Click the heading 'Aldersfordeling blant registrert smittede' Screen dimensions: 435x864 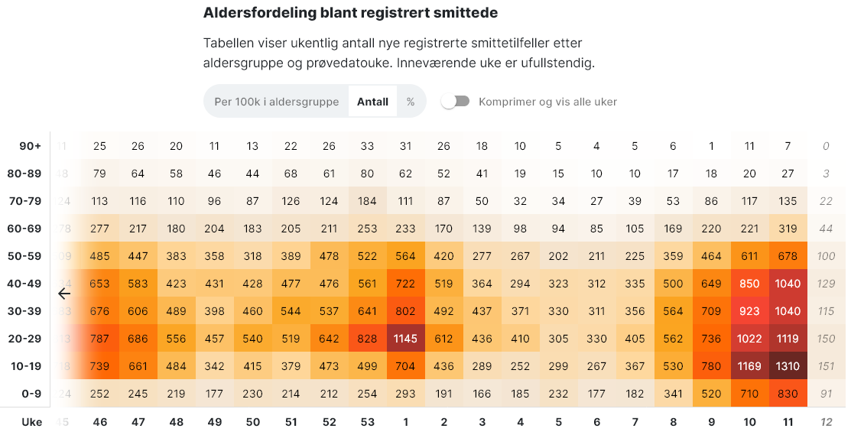[x=350, y=13]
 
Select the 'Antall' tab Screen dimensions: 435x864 [x=372, y=102]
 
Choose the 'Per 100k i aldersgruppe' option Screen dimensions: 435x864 [x=276, y=102]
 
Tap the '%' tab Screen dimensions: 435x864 [x=411, y=102]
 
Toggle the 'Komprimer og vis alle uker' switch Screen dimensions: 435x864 [x=456, y=102]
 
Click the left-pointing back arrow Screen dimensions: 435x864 [x=64, y=293]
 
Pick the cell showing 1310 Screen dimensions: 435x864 [x=788, y=366]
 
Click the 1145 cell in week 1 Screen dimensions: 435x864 [x=405, y=339]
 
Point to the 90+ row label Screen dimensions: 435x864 [x=31, y=146]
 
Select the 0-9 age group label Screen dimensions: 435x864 [x=31, y=394]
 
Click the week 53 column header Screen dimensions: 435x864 [x=367, y=422]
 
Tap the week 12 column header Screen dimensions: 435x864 [x=826, y=422]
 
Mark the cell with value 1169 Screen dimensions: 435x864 [x=749, y=366]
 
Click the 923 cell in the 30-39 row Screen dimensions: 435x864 [x=749, y=311]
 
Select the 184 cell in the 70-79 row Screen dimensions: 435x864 [x=367, y=201]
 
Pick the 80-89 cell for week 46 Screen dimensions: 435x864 [x=99, y=174]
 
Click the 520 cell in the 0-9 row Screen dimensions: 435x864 [x=711, y=394]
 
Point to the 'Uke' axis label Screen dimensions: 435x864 [x=31, y=422]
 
